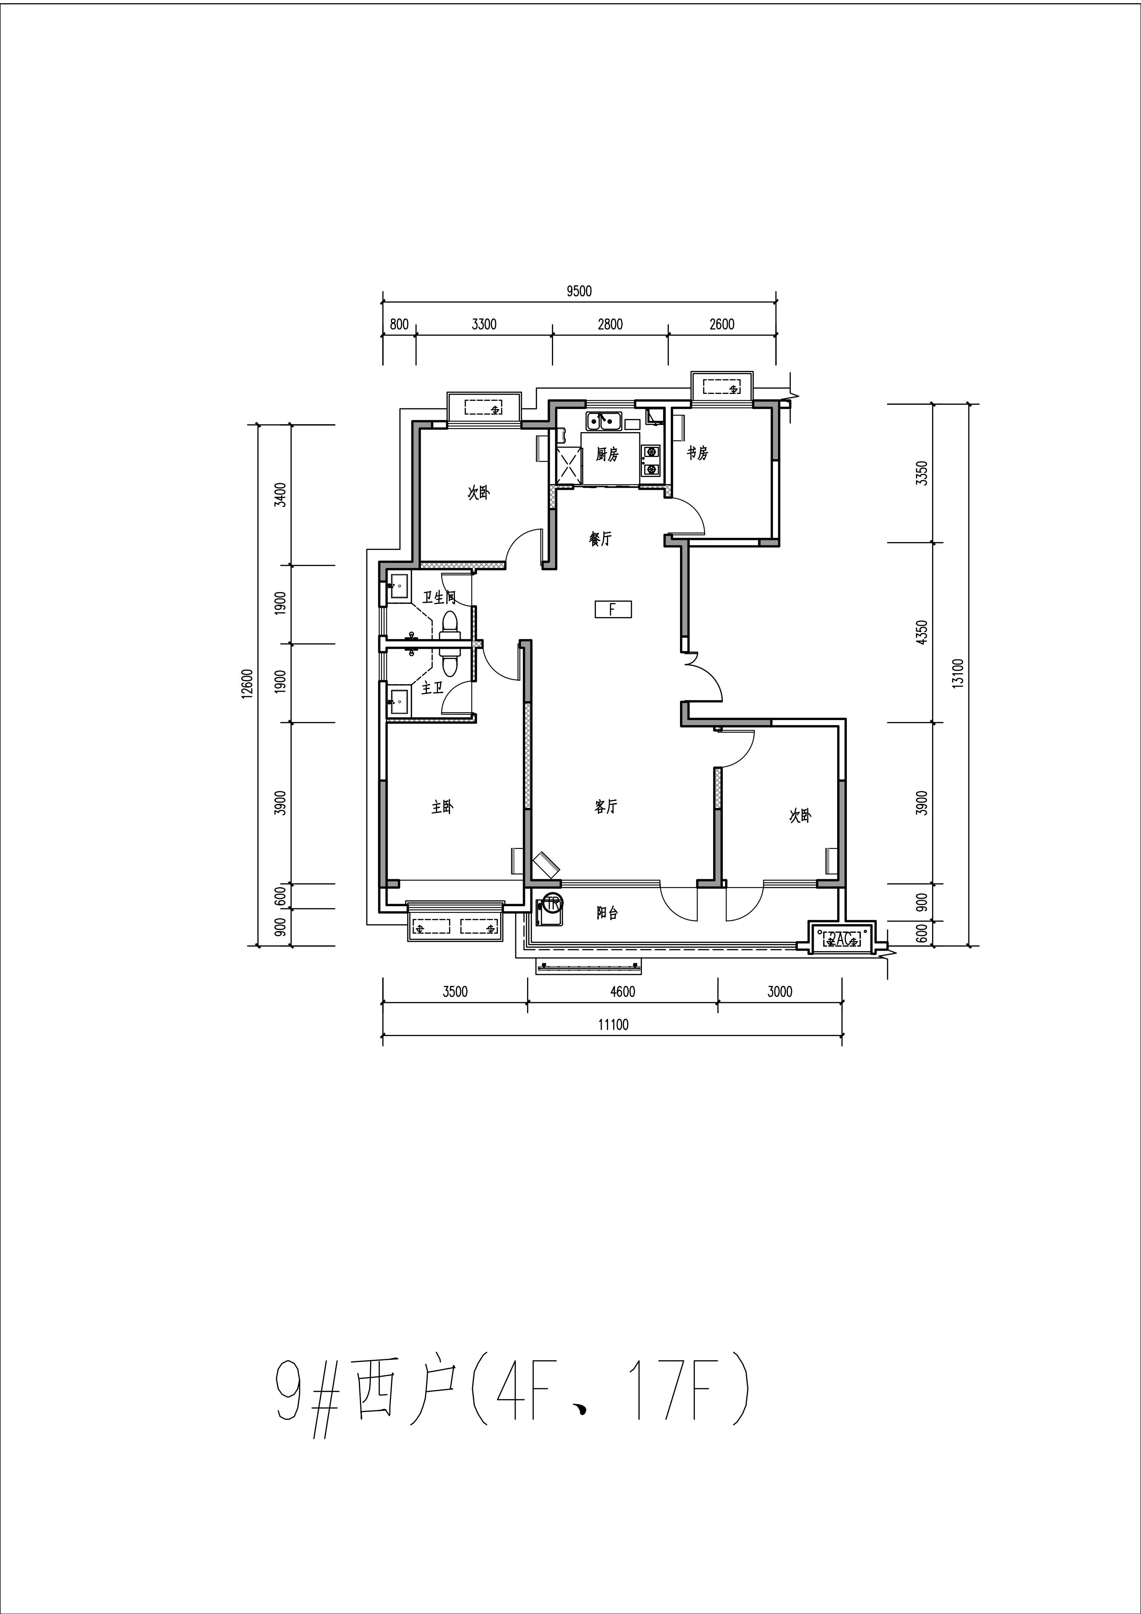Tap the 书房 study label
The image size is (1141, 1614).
click(697, 453)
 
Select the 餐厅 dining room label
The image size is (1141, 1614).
click(601, 539)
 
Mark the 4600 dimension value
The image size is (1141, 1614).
click(622, 992)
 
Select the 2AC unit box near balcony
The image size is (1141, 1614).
click(841, 938)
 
